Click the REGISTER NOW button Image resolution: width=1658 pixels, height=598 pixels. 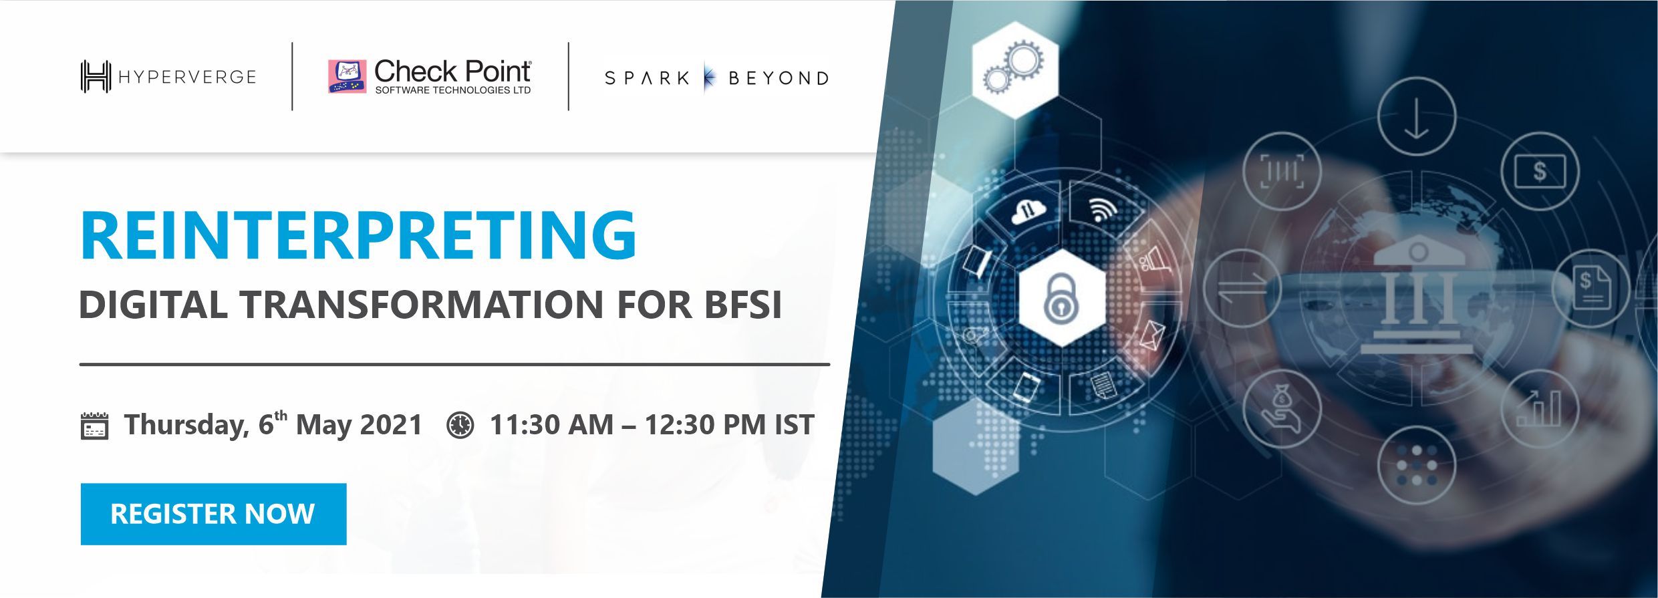click(x=213, y=514)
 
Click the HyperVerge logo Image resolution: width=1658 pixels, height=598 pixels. click(x=168, y=76)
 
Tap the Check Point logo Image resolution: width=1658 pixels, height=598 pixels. click(x=430, y=76)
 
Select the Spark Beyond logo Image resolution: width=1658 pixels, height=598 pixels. click(x=716, y=78)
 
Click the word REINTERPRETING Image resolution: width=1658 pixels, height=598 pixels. click(x=358, y=235)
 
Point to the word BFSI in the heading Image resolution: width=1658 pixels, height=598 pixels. click(x=742, y=305)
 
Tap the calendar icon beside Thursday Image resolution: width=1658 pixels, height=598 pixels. click(x=94, y=426)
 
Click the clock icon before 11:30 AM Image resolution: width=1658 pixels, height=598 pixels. click(x=460, y=425)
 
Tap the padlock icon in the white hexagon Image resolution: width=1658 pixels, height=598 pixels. click(x=1061, y=298)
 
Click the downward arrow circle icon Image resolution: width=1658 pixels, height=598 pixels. click(x=1416, y=116)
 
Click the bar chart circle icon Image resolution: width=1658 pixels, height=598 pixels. click(x=1540, y=408)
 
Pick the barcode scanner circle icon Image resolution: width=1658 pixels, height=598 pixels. click(x=1282, y=172)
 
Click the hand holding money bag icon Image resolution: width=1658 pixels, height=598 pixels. click(x=1282, y=408)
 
